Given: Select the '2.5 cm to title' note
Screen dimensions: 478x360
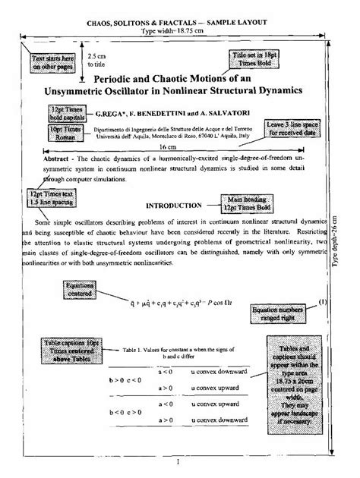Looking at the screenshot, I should click(98, 60).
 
